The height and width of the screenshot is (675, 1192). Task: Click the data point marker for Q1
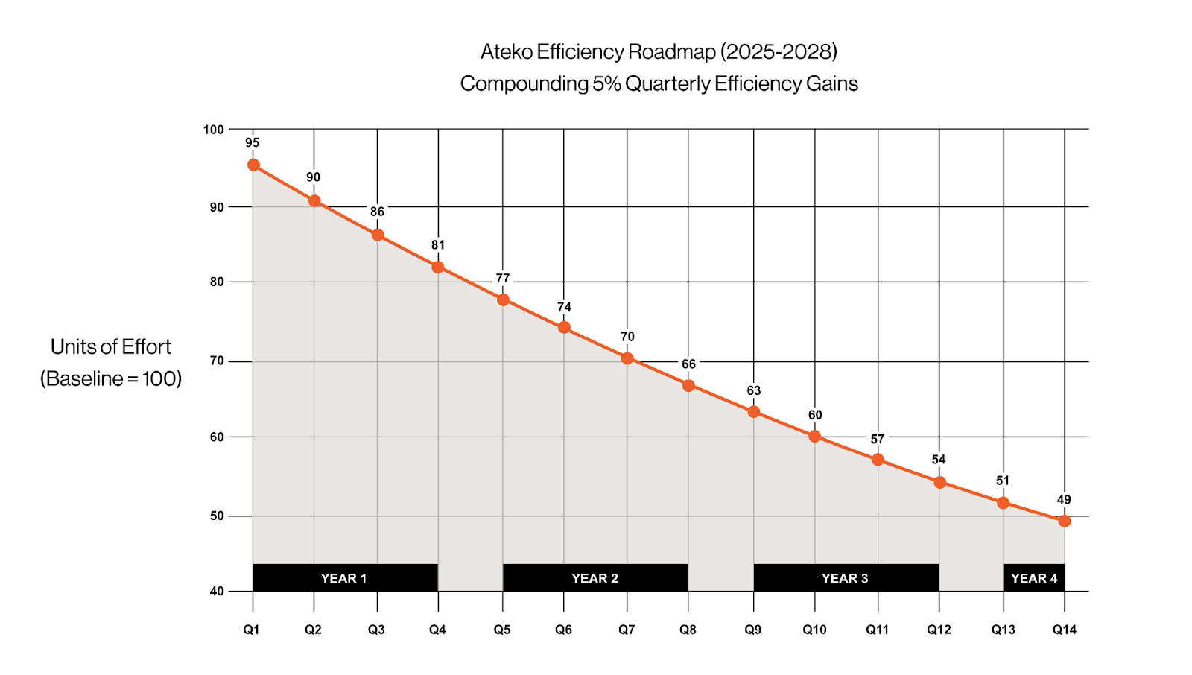click(253, 165)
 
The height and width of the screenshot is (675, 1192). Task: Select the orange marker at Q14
click(1065, 521)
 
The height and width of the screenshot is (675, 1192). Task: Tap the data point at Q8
click(688, 385)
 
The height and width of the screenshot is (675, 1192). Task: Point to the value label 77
click(503, 279)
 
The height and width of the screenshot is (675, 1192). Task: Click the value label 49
click(1064, 500)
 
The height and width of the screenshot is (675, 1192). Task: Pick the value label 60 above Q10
click(815, 415)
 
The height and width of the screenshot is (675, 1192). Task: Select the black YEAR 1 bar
click(345, 578)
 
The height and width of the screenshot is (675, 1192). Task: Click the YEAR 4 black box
click(1034, 578)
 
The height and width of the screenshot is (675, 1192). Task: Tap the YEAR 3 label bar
click(846, 578)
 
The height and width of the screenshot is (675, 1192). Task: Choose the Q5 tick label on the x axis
click(502, 630)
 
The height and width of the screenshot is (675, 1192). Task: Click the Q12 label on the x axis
click(939, 630)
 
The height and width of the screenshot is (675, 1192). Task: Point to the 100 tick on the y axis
click(213, 130)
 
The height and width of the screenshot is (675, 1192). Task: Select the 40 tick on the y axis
click(216, 592)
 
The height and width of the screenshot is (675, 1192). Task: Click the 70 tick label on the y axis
click(216, 361)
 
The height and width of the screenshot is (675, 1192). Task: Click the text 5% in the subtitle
click(606, 83)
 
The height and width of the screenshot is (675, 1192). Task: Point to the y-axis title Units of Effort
click(111, 346)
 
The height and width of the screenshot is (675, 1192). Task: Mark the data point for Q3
click(378, 235)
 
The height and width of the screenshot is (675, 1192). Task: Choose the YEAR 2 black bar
click(595, 578)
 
